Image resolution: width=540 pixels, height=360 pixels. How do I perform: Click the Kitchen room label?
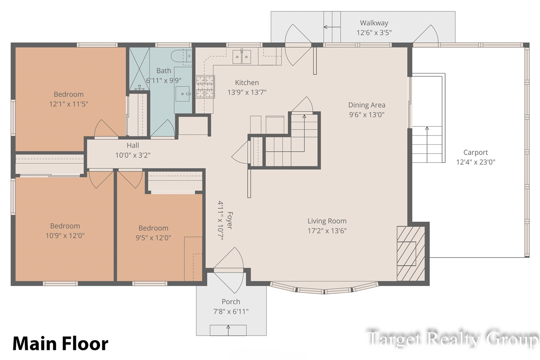(247, 83)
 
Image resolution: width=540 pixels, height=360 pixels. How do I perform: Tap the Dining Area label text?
(367, 105)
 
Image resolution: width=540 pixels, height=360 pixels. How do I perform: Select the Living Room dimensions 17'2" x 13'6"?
(327, 231)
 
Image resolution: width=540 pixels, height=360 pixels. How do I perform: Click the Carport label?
(475, 152)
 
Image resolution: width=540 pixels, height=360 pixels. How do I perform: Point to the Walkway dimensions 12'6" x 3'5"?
(374, 32)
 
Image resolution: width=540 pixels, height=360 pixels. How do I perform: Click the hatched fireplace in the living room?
(411, 253)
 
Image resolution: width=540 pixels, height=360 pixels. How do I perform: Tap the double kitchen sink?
(242, 57)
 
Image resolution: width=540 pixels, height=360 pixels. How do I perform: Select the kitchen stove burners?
(205, 87)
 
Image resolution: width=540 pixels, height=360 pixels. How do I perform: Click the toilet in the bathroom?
(181, 57)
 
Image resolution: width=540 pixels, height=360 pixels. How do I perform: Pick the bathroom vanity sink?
(183, 94)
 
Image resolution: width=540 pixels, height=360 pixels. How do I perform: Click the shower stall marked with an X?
(139, 69)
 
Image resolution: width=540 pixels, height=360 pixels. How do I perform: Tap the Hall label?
(133, 146)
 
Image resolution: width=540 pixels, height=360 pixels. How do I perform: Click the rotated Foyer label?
(230, 220)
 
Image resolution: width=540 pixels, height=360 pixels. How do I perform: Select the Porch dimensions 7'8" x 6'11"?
(231, 311)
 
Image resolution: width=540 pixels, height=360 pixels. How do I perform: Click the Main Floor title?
(60, 344)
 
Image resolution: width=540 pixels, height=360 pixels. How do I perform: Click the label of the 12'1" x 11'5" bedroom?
(69, 94)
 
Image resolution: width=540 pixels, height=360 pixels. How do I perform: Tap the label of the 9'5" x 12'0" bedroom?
(153, 228)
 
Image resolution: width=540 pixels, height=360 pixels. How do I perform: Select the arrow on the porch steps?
(228, 330)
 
